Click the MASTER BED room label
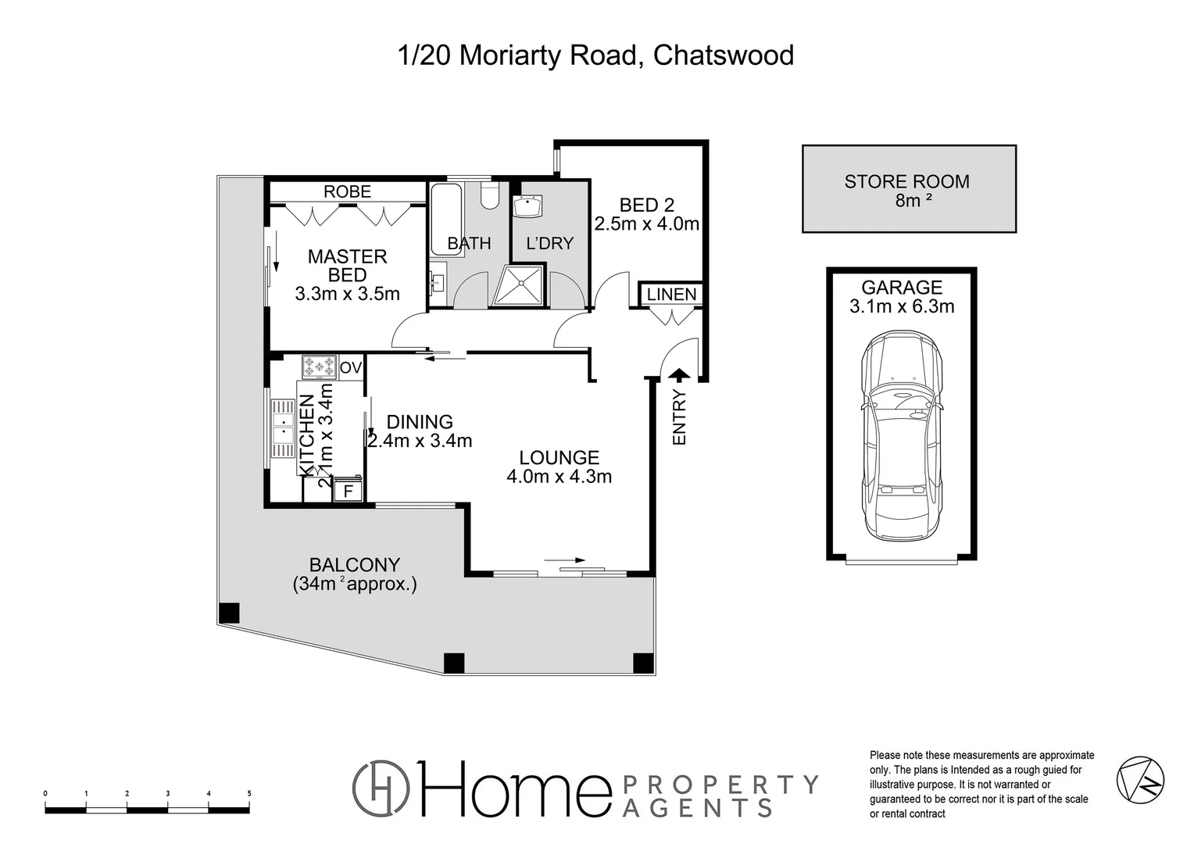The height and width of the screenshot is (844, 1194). tap(347, 266)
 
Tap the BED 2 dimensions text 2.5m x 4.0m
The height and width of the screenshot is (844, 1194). tap(646, 224)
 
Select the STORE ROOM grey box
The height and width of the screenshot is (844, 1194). tap(909, 188)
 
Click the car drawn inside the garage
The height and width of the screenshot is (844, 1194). tap(901, 435)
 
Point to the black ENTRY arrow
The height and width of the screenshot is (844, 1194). tap(680, 377)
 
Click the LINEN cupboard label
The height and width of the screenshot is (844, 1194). tap(671, 295)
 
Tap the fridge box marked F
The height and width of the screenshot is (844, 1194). tap(349, 492)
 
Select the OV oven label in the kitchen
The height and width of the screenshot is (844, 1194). tap(351, 367)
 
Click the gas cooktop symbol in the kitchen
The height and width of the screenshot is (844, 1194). tap(319, 366)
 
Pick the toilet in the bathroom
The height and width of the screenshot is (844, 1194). tap(490, 195)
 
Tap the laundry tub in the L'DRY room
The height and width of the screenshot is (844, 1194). tap(528, 208)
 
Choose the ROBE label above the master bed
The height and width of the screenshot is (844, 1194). tap(347, 191)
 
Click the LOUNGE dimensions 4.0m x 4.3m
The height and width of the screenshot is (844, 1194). tap(559, 476)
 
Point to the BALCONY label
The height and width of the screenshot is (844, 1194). tap(354, 564)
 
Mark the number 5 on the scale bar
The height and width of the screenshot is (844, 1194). tap(249, 793)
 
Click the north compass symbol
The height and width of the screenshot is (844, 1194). tap(1140, 778)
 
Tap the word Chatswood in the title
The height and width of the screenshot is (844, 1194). tap(723, 55)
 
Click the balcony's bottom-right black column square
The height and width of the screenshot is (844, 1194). tap(642, 663)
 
